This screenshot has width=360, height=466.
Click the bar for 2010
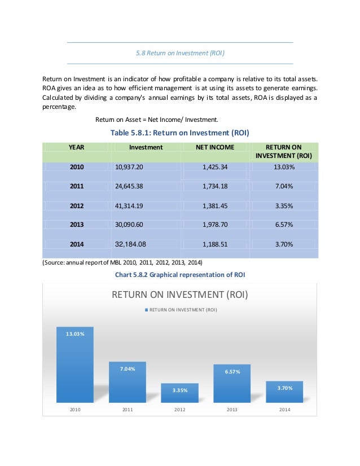coord(75,366)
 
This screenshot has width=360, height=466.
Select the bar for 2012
coord(179,393)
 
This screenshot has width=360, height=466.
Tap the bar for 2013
coord(231,384)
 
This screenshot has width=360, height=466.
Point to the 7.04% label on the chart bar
coord(127,369)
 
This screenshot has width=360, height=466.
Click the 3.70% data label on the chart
coord(284,388)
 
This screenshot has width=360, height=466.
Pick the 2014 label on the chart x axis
coord(284,410)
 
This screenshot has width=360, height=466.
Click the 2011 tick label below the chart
coord(127,410)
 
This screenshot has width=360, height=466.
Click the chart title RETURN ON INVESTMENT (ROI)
coord(180,295)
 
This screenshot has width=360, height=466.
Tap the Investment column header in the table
coord(146,147)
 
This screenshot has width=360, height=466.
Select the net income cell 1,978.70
coord(214,225)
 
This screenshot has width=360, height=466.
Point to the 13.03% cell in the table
coord(284,167)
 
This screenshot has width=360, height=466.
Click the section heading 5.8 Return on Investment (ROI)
coord(180,54)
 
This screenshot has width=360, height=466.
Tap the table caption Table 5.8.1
coord(180,133)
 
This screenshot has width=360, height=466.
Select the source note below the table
coord(122,263)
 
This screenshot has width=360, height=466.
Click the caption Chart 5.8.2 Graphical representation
coord(180,275)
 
